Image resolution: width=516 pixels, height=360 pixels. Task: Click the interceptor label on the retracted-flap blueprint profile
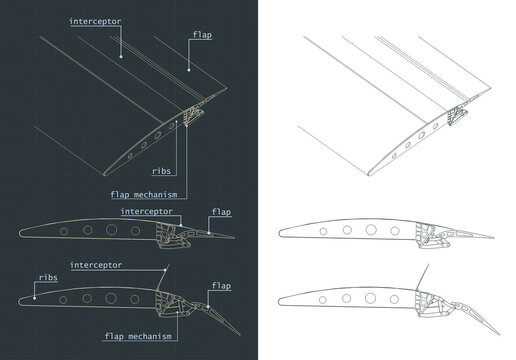pyautogui.click(x=151, y=213)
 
